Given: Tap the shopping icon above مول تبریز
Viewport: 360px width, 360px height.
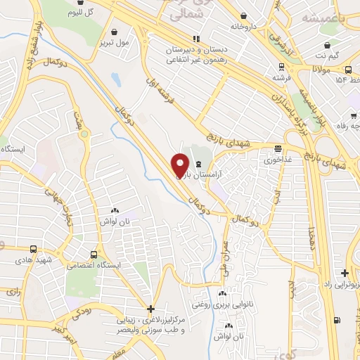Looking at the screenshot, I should pyautogui.click(x=115, y=31).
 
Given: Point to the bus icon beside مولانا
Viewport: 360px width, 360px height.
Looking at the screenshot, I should pyautogui.click(x=349, y=69).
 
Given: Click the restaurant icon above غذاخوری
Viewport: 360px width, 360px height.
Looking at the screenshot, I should pyautogui.click(x=279, y=148).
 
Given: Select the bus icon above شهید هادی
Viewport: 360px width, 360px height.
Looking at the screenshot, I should pyautogui.click(x=34, y=249).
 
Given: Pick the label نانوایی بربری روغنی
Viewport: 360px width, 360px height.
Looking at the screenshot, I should pyautogui.click(x=223, y=305).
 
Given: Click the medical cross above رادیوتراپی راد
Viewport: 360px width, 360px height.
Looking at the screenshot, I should pyautogui.click(x=344, y=273).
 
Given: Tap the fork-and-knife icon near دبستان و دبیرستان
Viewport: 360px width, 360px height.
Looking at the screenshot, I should pyautogui.click(x=196, y=39).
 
